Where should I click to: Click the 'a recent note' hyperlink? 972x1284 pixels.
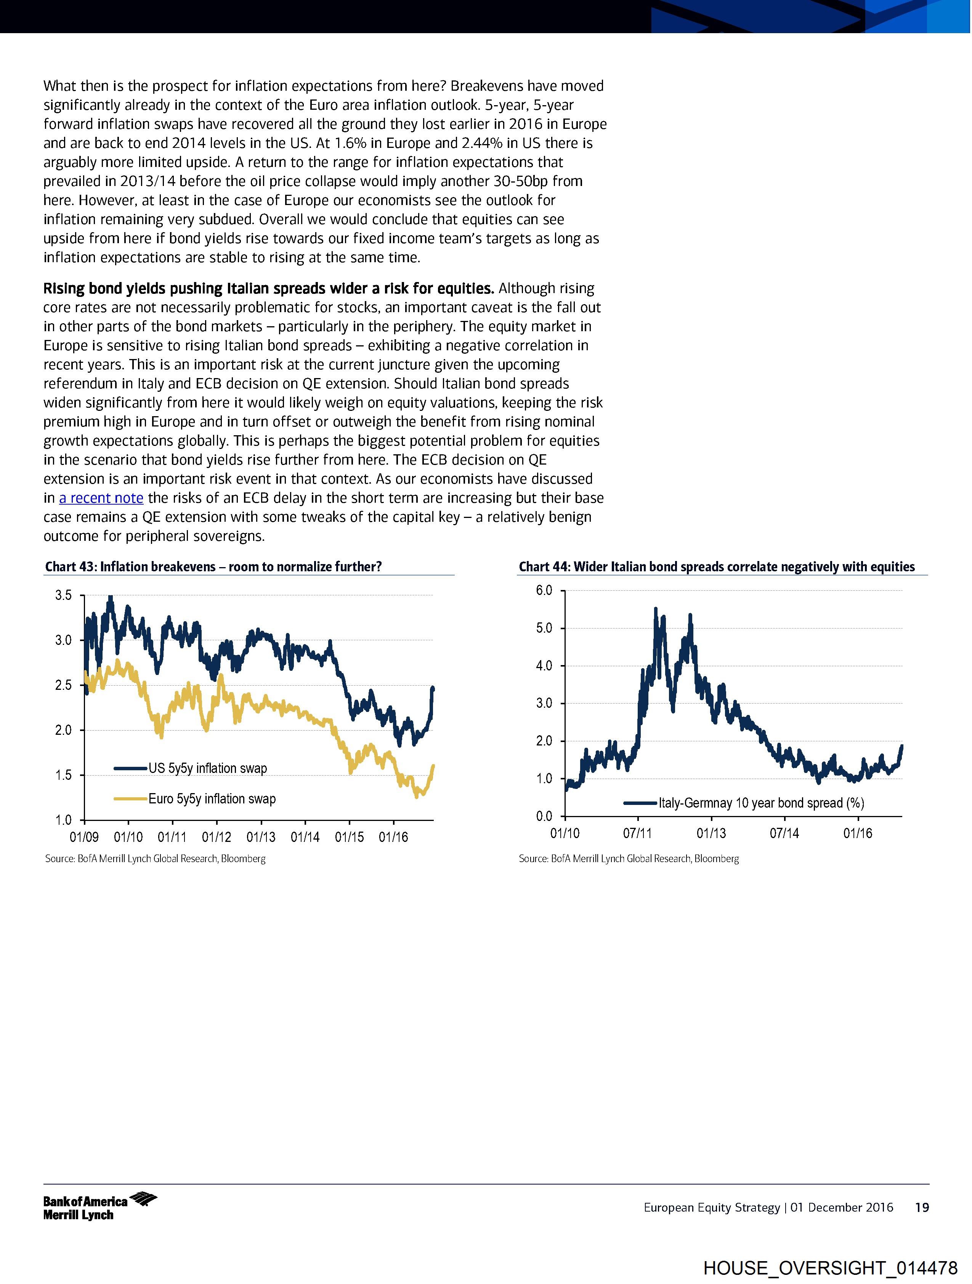click(101, 498)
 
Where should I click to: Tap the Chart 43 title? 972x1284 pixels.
click(213, 567)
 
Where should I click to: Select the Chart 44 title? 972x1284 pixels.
click(717, 567)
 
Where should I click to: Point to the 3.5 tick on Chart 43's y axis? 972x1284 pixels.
click(64, 595)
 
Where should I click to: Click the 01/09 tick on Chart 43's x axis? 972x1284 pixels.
click(84, 837)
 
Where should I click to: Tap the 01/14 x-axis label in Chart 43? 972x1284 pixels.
click(305, 837)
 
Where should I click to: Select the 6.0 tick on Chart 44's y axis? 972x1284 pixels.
click(544, 590)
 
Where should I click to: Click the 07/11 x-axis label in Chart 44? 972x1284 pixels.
click(638, 834)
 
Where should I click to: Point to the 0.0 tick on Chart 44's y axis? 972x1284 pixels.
click(544, 816)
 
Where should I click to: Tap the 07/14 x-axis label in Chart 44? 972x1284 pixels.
click(784, 834)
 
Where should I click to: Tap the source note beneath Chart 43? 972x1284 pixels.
click(155, 859)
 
